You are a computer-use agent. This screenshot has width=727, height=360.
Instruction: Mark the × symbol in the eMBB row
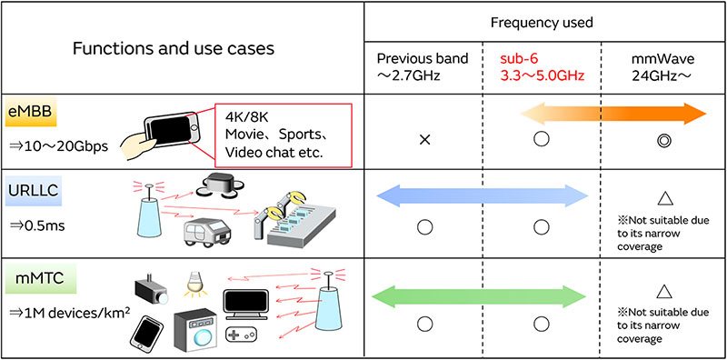[x=423, y=140]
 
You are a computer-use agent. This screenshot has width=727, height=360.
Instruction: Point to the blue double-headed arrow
[x=483, y=193]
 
